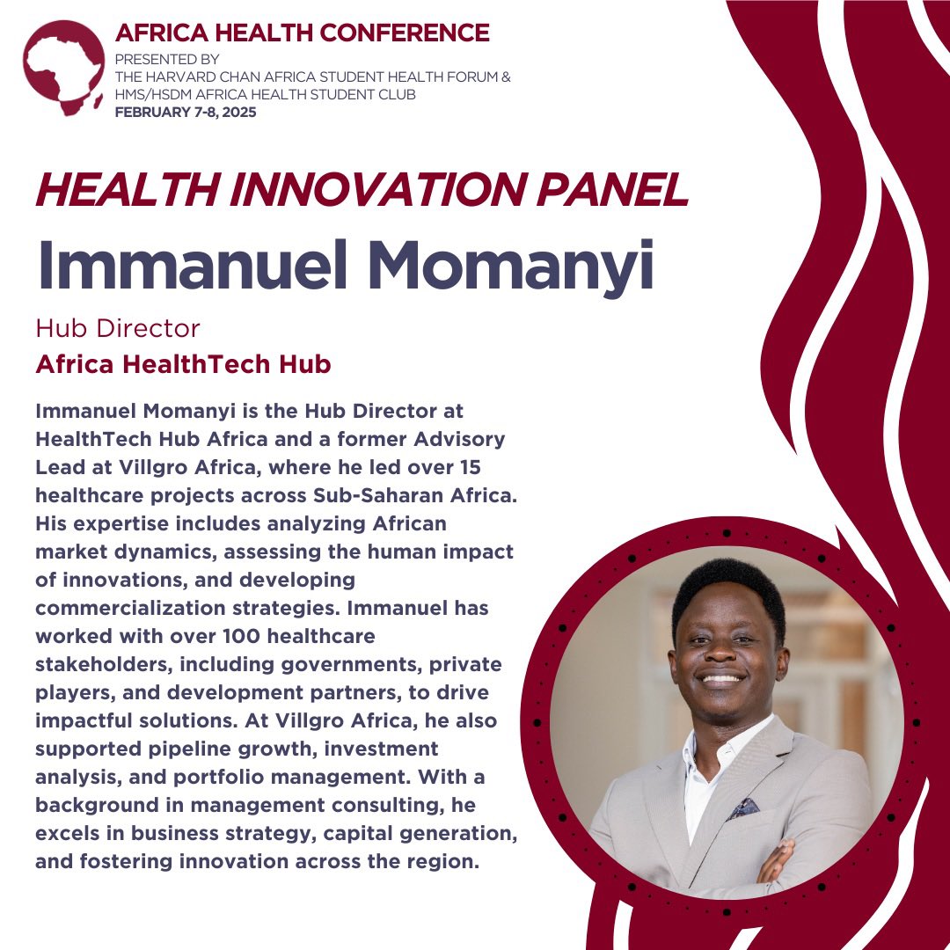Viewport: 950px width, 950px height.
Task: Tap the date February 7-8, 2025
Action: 186,113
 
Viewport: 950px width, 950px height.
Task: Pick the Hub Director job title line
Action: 118,329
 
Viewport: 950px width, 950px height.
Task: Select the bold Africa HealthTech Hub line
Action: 183,364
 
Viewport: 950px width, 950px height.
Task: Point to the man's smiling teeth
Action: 722,678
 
